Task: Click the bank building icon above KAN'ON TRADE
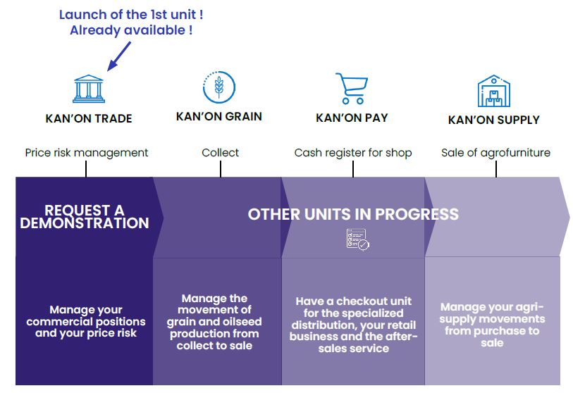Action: (89, 89)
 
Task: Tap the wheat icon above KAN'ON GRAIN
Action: (219, 87)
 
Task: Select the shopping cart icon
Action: (352, 88)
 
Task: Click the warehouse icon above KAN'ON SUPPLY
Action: (493, 91)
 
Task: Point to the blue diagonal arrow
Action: (119, 56)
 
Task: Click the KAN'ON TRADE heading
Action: (89, 118)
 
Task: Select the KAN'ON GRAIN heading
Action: (219, 116)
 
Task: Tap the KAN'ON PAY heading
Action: (352, 118)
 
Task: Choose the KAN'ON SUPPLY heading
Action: (493, 120)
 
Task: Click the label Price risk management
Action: (87, 152)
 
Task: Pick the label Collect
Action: (221, 152)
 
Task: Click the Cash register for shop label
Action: (353, 152)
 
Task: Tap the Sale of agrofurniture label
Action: (496, 152)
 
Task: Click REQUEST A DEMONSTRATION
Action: (85, 217)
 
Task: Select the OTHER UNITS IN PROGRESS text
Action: (353, 214)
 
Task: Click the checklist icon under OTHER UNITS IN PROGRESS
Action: (358, 239)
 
